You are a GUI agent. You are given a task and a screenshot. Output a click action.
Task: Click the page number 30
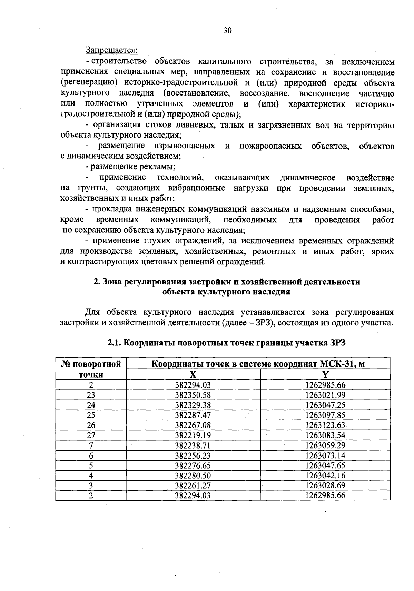click(x=227, y=31)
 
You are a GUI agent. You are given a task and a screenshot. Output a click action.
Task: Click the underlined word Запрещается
click(x=111, y=50)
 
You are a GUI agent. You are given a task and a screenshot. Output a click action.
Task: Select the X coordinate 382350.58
click(x=193, y=395)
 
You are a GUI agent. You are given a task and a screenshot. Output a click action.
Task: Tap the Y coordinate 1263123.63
click(x=325, y=425)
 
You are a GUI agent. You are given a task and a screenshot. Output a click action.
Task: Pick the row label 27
click(x=91, y=435)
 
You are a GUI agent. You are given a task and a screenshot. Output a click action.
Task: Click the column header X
click(x=193, y=375)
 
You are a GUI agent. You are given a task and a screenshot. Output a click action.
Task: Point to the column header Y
click(x=325, y=375)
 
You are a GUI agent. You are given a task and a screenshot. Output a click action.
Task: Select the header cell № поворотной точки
click(x=91, y=369)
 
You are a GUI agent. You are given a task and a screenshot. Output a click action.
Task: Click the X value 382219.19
click(x=193, y=435)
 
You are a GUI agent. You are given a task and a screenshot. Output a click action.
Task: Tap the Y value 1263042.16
click(x=325, y=475)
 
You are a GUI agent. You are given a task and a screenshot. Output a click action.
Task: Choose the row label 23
click(x=91, y=395)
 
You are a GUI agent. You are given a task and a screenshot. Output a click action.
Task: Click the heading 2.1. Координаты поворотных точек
click(x=226, y=343)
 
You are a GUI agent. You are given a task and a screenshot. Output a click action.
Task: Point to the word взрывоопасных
click(x=185, y=146)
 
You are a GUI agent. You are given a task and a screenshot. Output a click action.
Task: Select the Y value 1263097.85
click(x=325, y=415)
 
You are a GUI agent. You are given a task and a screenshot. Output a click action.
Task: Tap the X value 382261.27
click(x=193, y=485)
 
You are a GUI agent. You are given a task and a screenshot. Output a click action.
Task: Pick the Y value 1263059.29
click(x=325, y=445)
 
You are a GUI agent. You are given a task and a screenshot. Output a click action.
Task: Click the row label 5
click(x=91, y=465)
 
